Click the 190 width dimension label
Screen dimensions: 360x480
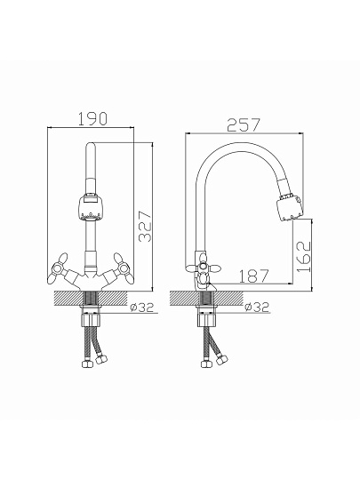[92, 119]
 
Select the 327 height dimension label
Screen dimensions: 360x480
[145, 227]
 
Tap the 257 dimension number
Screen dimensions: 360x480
[244, 125]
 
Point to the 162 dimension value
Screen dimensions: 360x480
[304, 257]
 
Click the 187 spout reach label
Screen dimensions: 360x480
[253, 276]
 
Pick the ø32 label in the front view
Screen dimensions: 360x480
[141, 307]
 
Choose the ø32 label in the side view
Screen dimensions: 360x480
[257, 307]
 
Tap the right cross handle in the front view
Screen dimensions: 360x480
[124, 268]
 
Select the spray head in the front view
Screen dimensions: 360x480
[91, 207]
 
